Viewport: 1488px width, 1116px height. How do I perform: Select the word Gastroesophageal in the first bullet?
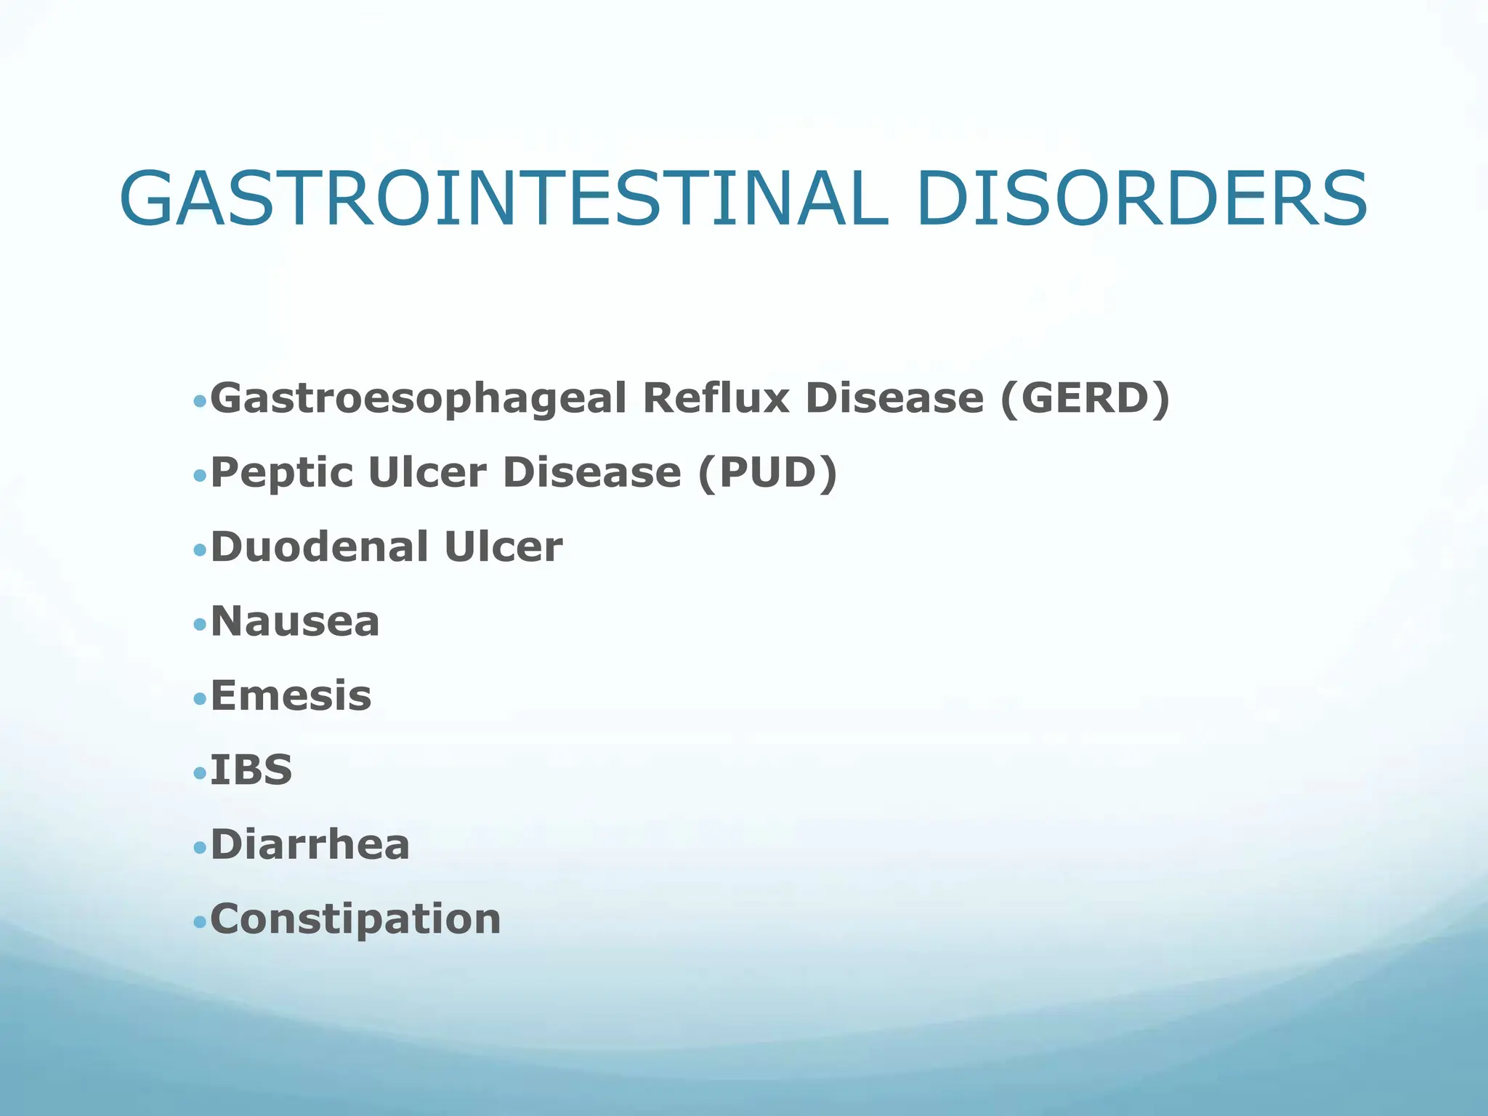point(418,399)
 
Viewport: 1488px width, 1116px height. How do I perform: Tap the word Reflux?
point(716,398)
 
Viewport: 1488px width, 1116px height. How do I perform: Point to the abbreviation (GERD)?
point(1085,398)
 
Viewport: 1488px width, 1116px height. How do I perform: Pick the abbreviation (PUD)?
point(767,473)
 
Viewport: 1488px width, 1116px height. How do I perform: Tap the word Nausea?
point(295,622)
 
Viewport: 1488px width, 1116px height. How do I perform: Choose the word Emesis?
point(291,696)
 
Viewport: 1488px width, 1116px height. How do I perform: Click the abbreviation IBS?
point(251,770)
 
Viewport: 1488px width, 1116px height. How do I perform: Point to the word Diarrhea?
point(310,845)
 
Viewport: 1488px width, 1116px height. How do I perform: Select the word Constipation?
point(355,920)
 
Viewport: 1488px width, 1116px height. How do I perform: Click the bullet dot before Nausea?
point(201,624)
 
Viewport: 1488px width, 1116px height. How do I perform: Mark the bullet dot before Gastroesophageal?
point(201,401)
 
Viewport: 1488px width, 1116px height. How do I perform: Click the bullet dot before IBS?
point(201,773)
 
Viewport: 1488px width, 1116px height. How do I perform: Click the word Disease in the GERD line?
point(894,398)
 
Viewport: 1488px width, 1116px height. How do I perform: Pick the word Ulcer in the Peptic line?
point(427,473)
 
